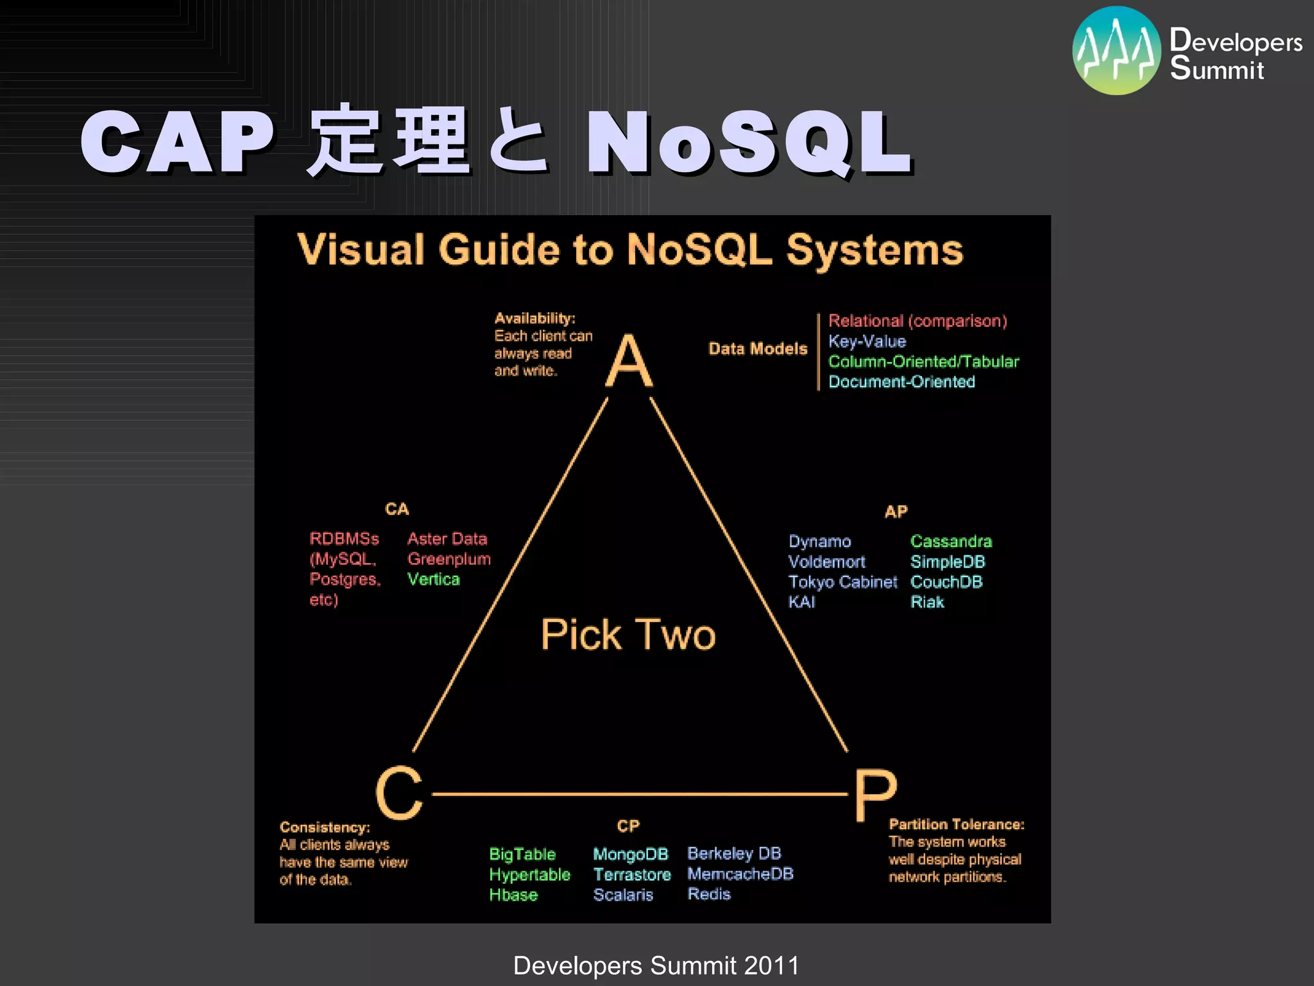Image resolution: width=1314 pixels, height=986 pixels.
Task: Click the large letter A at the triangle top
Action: [x=629, y=361]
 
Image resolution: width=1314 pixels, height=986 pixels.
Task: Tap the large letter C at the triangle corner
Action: [x=399, y=793]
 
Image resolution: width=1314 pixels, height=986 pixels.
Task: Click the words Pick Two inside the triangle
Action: [x=627, y=635]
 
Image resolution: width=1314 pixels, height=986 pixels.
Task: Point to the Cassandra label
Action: [x=951, y=541]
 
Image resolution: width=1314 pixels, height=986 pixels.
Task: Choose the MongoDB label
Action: [x=630, y=854]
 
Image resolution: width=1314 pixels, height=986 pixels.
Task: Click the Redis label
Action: [x=709, y=894]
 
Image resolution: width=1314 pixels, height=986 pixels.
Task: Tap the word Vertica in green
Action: [x=434, y=580]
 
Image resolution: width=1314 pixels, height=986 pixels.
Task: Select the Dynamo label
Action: [x=819, y=541]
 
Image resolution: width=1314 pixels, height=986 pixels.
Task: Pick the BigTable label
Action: [x=522, y=854]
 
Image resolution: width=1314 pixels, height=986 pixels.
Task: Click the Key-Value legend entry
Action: [x=867, y=342]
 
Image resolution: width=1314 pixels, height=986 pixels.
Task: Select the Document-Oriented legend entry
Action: [x=901, y=382]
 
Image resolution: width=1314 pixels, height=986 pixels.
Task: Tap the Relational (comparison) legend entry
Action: [x=917, y=321]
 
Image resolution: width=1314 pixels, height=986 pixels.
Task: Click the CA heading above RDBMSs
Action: [x=397, y=509]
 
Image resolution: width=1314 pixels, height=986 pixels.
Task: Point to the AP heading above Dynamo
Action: [x=896, y=512]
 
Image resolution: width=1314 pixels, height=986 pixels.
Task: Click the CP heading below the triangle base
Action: [x=628, y=826]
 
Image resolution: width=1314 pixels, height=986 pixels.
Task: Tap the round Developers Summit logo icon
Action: [x=1116, y=51]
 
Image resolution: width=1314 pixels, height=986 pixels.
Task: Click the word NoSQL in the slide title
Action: [x=748, y=143]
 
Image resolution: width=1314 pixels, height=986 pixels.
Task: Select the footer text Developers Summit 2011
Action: [x=656, y=965]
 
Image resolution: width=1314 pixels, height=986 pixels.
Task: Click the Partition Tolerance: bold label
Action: [x=956, y=824]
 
